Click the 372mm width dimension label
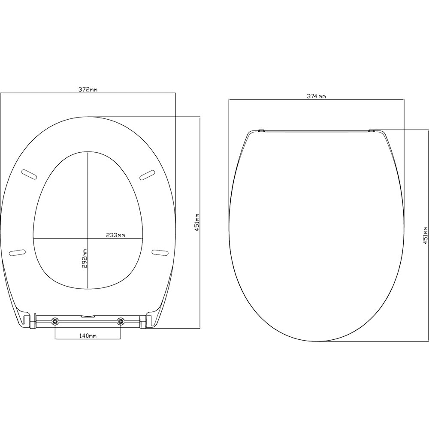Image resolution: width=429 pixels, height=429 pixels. [x=88, y=89]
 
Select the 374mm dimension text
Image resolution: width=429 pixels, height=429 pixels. [x=317, y=97]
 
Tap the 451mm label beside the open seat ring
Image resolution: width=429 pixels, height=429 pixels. [x=197, y=223]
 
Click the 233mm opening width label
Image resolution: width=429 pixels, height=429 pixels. [x=115, y=235]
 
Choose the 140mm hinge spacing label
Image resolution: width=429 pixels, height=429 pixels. [x=88, y=336]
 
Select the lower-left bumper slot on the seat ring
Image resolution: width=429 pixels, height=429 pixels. [x=17, y=252]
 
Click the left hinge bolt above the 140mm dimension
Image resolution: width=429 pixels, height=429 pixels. [x=55, y=321]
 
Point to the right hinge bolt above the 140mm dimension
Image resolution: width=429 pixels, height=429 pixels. [x=121, y=321]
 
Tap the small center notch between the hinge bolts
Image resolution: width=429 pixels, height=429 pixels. [x=88, y=317]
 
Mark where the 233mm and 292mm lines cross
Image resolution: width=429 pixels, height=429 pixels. [x=88, y=238]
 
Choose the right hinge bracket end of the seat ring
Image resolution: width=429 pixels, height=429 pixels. [x=148, y=322]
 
